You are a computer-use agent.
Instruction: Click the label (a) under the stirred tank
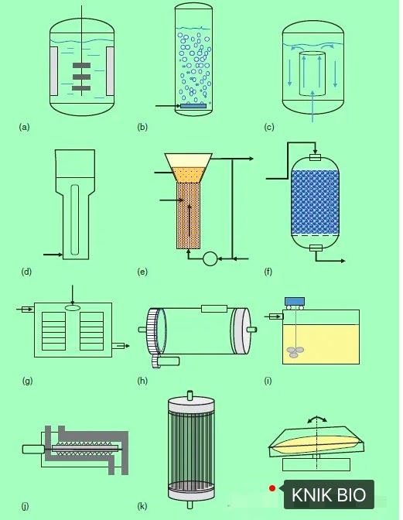point(24,127)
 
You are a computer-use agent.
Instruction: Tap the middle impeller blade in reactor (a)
point(81,77)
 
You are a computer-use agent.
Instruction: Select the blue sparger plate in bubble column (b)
point(193,106)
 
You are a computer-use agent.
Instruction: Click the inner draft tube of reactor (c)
point(312,74)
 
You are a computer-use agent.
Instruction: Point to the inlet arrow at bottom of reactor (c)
point(312,105)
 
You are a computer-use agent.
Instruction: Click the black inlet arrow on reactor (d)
point(53,255)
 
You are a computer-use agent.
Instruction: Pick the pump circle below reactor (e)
point(210,258)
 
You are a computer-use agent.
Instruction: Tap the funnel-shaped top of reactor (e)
point(189,168)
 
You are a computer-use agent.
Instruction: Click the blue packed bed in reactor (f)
point(315,202)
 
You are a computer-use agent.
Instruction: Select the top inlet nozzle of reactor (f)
point(315,157)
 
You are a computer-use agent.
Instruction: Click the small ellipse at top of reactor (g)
point(73,308)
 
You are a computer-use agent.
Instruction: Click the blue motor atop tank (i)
point(294,301)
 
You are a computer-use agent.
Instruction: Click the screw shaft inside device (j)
point(85,449)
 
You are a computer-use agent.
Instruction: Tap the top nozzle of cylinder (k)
point(190,395)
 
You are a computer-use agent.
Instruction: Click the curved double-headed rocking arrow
point(317,419)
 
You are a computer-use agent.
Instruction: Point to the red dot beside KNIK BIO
point(272,488)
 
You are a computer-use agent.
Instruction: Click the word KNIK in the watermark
point(310,494)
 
